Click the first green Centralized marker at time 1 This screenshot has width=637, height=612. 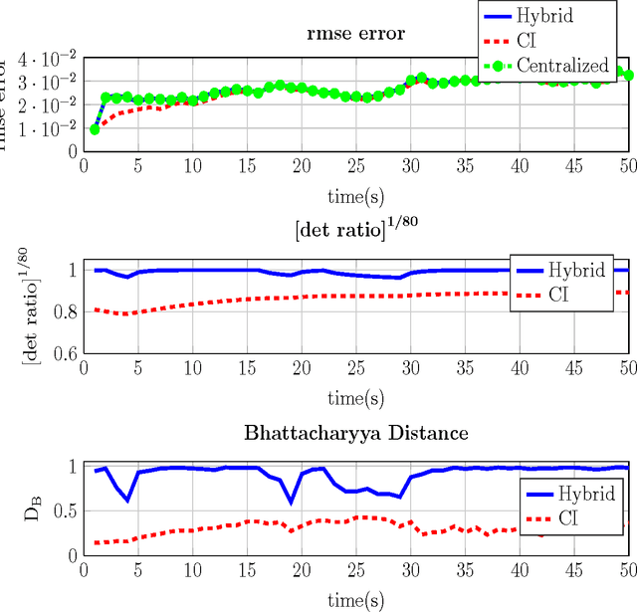coord(95,129)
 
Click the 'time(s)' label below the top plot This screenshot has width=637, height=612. coord(356,194)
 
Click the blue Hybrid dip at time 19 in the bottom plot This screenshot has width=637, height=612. coord(291,502)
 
